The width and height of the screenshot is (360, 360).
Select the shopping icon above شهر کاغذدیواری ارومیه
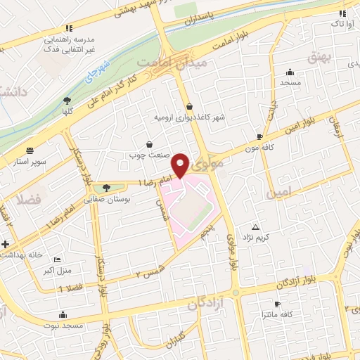click(190, 107)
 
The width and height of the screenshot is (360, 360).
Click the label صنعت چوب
click(146, 153)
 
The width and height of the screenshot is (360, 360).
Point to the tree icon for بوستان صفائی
click(106, 187)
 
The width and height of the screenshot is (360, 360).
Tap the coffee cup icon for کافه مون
click(259, 136)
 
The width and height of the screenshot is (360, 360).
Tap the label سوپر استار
click(30, 162)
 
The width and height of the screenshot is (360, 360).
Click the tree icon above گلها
click(67, 101)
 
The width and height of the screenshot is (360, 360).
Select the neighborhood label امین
click(276, 191)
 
